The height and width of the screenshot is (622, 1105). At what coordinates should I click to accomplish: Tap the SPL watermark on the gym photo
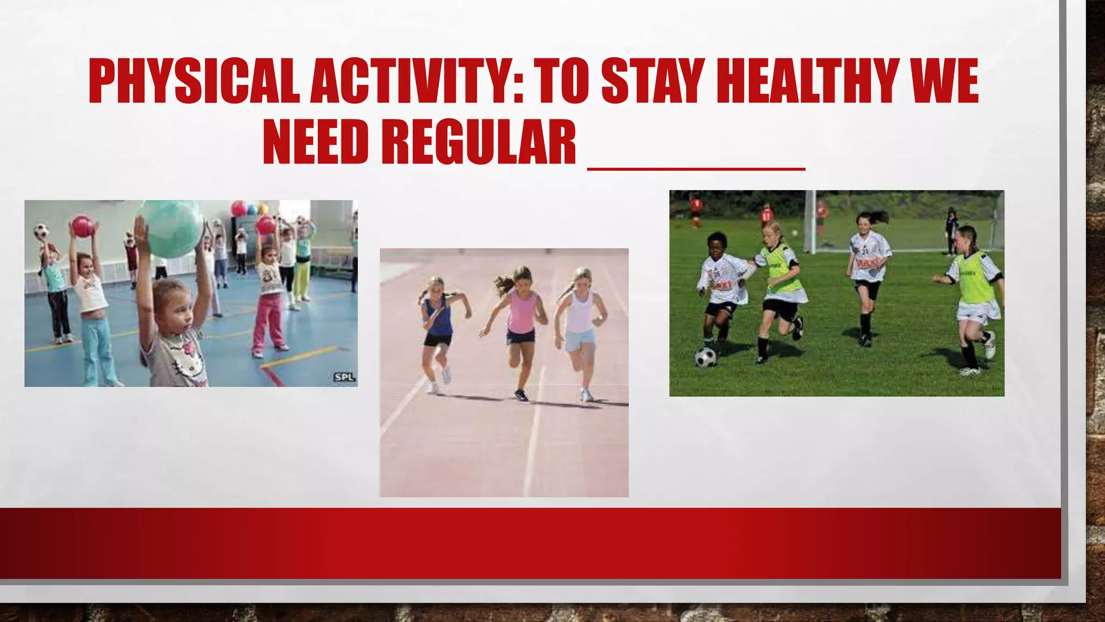coord(344,377)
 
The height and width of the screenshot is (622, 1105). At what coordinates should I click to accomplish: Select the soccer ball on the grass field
coord(705,357)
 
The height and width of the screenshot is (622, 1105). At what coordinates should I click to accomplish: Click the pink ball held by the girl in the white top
coord(82,227)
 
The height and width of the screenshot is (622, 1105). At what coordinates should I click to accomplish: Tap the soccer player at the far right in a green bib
coord(971,297)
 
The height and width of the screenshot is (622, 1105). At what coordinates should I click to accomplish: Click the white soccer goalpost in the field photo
coord(809,221)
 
